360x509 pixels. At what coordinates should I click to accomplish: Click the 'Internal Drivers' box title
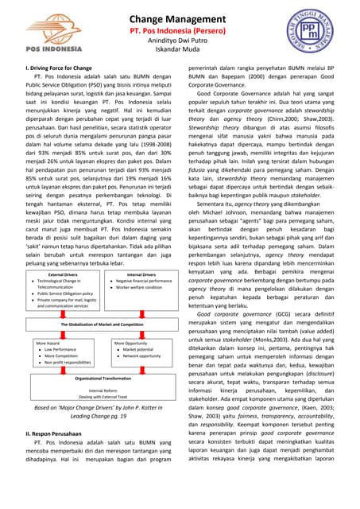pos(141,274)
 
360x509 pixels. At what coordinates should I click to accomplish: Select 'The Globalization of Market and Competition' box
pos(101,325)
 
